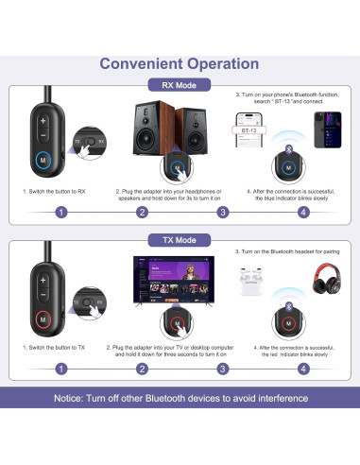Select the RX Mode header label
pyautogui.click(x=180, y=85)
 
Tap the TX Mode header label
pyautogui.click(x=180, y=240)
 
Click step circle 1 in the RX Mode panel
pyautogui.click(x=60, y=212)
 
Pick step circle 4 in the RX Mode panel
pyautogui.click(x=302, y=212)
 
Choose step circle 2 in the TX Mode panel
pyautogui.click(x=142, y=368)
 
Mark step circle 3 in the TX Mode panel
pyautogui.click(x=223, y=368)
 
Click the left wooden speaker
pyautogui.click(x=148, y=132)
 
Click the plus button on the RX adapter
pyautogui.click(x=43, y=121)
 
